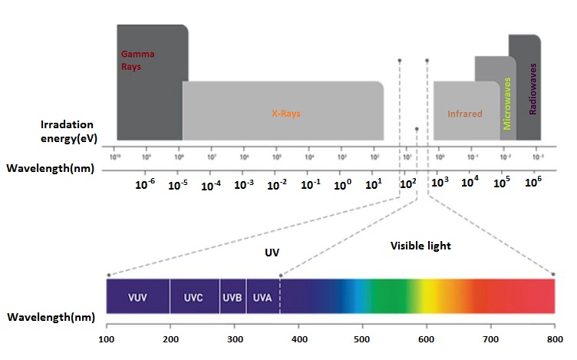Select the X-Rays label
pyautogui.click(x=285, y=113)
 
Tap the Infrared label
pyautogui.click(x=465, y=114)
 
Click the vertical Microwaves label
pyautogui.click(x=507, y=103)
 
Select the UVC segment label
pyautogui.click(x=195, y=296)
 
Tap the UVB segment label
pyautogui.click(x=232, y=296)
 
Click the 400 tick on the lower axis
pyautogui.click(x=299, y=338)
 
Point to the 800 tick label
pyautogui.click(x=553, y=338)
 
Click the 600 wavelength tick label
pyautogui.click(x=427, y=338)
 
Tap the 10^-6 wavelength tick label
pyautogui.click(x=145, y=184)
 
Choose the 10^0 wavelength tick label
pyautogui.click(x=343, y=184)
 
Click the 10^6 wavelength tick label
pyautogui.click(x=534, y=181)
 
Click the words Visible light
pyautogui.click(x=420, y=246)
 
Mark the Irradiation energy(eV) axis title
pyautogui.click(x=68, y=130)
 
